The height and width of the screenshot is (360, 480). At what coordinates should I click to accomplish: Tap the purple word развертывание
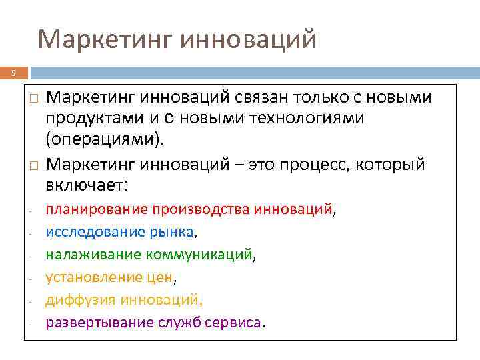click(98, 323)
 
